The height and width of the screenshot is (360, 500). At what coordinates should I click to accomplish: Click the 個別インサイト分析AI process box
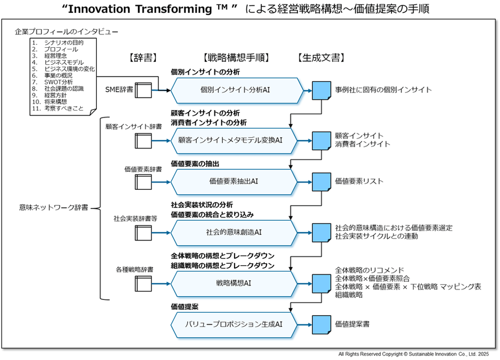(x=234, y=90)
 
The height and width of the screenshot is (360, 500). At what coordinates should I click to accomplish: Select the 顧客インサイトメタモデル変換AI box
(x=234, y=140)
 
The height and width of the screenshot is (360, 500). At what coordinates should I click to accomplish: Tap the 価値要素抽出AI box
(x=234, y=181)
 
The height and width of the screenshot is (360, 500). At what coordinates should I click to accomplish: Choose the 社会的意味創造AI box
(x=234, y=232)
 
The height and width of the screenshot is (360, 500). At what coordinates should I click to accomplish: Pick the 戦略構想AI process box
(x=234, y=283)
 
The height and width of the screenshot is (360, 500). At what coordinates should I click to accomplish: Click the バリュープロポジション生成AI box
(x=234, y=323)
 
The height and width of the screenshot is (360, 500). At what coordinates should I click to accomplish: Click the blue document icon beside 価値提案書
(x=320, y=323)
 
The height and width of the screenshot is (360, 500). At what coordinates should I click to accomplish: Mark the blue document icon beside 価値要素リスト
(x=320, y=181)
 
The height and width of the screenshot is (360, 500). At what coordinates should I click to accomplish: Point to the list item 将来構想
(x=56, y=102)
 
